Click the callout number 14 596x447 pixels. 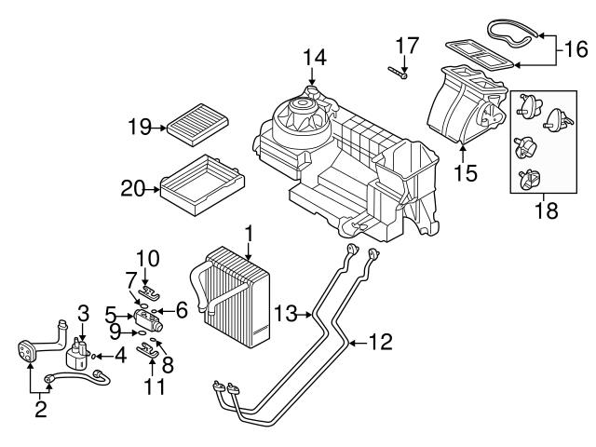pyautogui.click(x=315, y=58)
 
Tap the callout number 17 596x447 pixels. pyautogui.click(x=407, y=45)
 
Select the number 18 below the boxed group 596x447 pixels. pyautogui.click(x=547, y=210)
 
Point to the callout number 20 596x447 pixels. pyautogui.click(x=132, y=188)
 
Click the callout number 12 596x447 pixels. pyautogui.click(x=381, y=342)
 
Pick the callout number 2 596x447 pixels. pyautogui.click(x=40, y=409)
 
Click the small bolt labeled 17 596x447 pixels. pyautogui.click(x=398, y=73)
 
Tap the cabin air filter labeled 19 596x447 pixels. pyautogui.click(x=198, y=124)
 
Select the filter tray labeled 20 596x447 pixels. pyautogui.click(x=203, y=184)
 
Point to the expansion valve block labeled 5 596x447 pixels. pyautogui.click(x=148, y=320)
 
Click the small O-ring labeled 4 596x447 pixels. pyautogui.click(x=93, y=356)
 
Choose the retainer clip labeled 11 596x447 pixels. pyautogui.click(x=147, y=350)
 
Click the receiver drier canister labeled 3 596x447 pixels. pyautogui.click(x=77, y=354)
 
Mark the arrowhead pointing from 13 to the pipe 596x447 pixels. pyautogui.click(x=309, y=315)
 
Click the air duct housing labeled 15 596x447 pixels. pyautogui.click(x=467, y=105)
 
